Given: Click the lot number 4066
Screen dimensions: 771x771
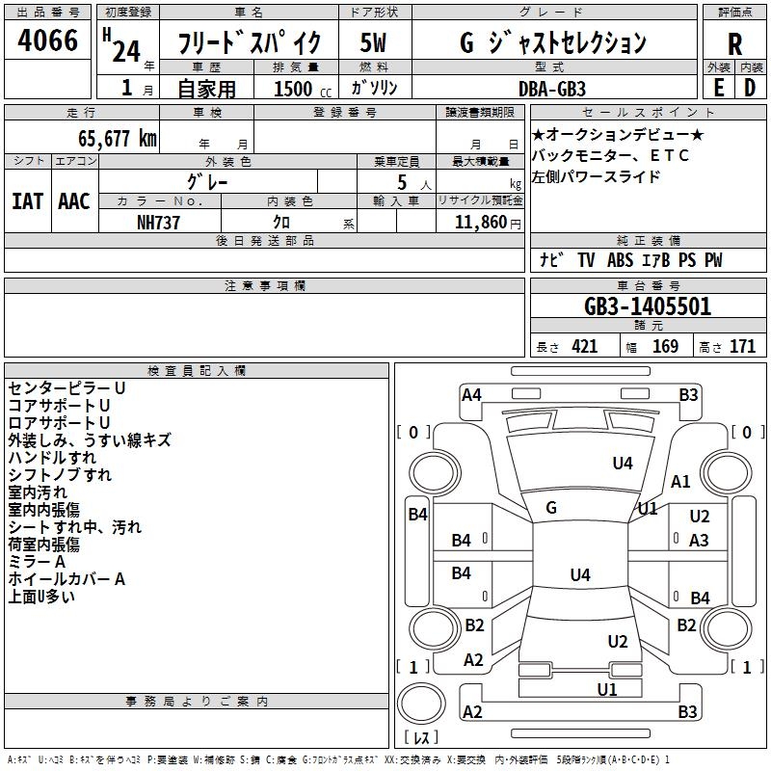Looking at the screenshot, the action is pos(48,41).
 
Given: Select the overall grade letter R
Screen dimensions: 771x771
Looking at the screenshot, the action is pos(734,43).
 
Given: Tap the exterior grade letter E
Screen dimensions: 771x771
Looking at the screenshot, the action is pos(718,87).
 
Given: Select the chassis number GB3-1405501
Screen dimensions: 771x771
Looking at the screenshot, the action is pos(648,306).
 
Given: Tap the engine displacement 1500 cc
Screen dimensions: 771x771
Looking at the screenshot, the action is pos(295,89).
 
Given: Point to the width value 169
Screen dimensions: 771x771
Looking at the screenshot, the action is pos(665,347).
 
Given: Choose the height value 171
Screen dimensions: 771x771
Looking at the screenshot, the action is pos(742,347).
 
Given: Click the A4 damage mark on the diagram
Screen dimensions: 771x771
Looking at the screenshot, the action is pos(471,394).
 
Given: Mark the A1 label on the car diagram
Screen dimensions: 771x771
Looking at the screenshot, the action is pos(681,482).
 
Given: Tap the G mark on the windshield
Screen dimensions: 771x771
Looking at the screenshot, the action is pos(551,507).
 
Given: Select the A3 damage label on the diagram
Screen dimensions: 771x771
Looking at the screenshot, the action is pos(700,541).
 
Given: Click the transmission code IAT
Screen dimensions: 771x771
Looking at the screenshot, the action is pos(28,201).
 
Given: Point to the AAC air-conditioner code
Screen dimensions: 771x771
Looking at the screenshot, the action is pos(74,201).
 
